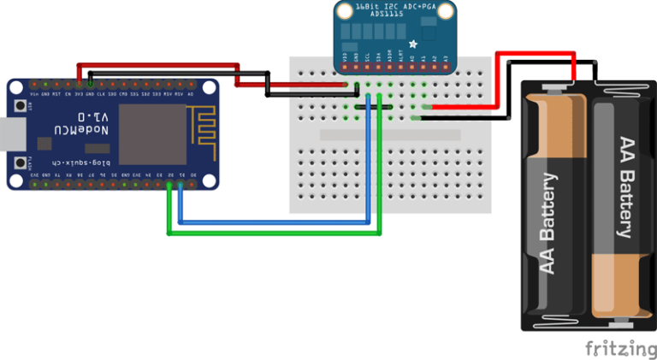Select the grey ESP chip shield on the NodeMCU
pyautogui.click(x=151, y=134)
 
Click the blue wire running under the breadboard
pyautogui.click(x=274, y=222)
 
